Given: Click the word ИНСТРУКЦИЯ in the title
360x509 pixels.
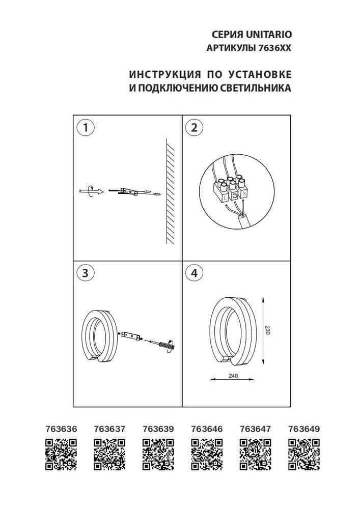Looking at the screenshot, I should [x=162, y=74].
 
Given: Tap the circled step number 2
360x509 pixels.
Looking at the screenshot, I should [x=193, y=127].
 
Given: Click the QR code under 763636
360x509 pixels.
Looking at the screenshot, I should [x=61, y=454].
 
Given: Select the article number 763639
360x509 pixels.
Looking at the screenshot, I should [x=158, y=429].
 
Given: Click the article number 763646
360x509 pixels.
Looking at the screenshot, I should [x=207, y=429].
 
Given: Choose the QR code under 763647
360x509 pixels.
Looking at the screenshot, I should [x=255, y=454].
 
